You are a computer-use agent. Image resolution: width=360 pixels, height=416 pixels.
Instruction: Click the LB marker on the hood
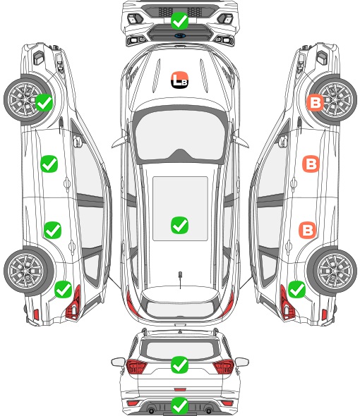(x=179, y=80)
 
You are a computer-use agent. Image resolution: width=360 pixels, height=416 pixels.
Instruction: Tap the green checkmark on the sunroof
(x=179, y=225)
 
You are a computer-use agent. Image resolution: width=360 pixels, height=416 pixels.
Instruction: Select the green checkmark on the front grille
(x=179, y=20)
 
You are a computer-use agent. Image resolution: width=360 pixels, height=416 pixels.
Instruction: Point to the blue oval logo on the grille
(x=180, y=35)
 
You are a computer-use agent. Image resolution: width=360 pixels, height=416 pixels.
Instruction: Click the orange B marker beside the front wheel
(x=315, y=102)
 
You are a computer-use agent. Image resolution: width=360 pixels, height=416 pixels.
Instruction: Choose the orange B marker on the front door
(x=311, y=164)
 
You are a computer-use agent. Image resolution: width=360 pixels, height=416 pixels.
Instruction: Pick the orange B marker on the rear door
(x=307, y=230)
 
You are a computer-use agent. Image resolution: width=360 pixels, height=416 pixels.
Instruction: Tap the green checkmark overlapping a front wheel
(x=44, y=102)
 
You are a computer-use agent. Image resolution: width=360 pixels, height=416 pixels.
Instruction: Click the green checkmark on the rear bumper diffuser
(x=179, y=406)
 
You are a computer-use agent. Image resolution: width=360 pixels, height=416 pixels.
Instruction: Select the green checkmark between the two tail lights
(x=179, y=365)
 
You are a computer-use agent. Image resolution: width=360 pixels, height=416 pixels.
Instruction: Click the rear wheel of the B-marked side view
(x=332, y=271)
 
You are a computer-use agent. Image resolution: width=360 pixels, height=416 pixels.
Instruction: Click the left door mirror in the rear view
(x=118, y=362)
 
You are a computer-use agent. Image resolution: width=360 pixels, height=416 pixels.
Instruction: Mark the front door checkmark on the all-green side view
(x=49, y=164)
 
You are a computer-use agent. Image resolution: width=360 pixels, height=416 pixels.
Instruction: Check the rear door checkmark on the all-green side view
(x=52, y=230)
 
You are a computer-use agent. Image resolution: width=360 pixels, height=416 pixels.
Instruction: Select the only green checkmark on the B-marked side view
(x=296, y=289)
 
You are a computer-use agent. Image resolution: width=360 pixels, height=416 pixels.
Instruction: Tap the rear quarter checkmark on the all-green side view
(x=63, y=289)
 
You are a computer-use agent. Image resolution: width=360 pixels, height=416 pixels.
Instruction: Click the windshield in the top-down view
(x=180, y=135)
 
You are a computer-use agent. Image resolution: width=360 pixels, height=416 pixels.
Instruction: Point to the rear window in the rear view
(x=180, y=350)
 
